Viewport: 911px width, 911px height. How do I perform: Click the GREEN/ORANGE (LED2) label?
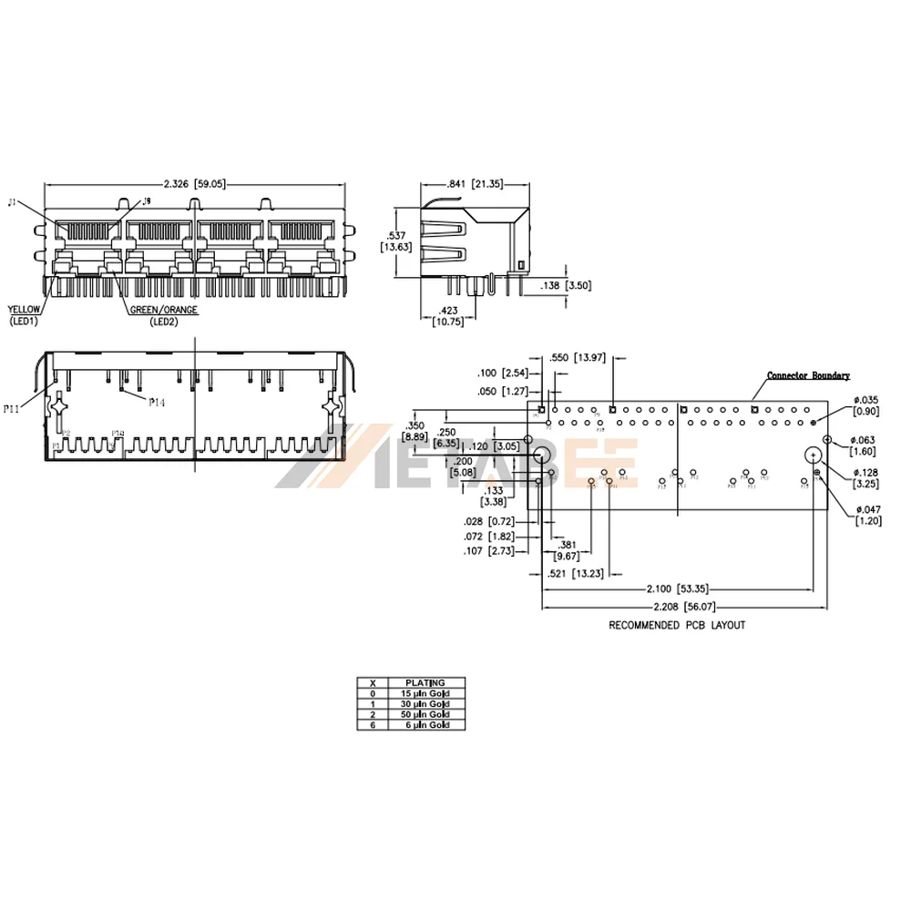(163, 315)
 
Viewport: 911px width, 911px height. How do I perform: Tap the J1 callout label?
(12, 202)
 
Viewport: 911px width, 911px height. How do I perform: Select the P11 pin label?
(11, 410)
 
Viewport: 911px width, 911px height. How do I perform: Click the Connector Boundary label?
(808, 375)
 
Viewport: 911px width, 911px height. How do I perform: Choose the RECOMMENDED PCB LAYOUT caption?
(677, 626)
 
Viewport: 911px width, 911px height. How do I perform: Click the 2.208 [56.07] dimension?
(683, 607)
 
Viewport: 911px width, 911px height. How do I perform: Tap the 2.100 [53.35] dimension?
(678, 589)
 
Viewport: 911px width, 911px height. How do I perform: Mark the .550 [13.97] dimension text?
(577, 358)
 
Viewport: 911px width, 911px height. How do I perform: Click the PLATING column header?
(426, 682)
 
